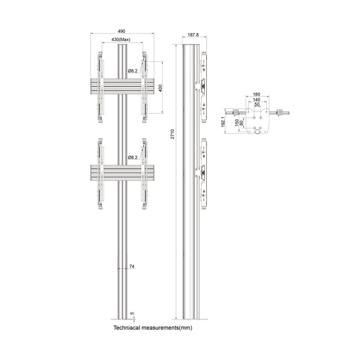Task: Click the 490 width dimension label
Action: click(x=121, y=31)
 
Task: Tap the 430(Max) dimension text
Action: click(x=121, y=40)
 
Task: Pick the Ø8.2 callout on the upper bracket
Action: click(x=132, y=71)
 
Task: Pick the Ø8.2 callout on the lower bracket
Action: click(x=132, y=157)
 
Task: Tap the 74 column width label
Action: click(x=132, y=266)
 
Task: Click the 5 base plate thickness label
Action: click(x=132, y=313)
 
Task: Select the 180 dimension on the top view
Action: click(x=256, y=95)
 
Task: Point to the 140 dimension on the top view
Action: click(x=256, y=100)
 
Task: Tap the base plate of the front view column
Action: click(x=122, y=318)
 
